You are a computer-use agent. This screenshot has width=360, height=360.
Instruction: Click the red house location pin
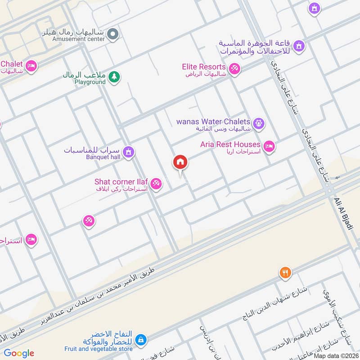point(180,162)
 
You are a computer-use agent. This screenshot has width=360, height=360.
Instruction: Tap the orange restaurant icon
point(284,272)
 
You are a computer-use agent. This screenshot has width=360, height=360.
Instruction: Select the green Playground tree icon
point(115,76)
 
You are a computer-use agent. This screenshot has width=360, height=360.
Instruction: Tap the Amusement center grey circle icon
point(114,33)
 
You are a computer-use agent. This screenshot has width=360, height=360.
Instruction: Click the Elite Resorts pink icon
point(234,69)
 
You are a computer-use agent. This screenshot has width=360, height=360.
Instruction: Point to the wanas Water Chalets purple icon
point(258,122)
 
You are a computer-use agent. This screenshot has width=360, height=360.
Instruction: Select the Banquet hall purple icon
point(129,152)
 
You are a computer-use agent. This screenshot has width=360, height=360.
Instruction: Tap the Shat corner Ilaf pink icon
point(156,184)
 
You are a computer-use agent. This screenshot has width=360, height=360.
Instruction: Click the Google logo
point(18,353)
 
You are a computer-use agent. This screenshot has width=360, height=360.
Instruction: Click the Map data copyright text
point(336,355)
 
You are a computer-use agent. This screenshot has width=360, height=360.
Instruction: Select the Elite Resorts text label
point(204,67)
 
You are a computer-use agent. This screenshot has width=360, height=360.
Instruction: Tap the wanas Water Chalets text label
point(213,121)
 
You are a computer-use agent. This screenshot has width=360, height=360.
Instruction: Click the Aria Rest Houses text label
point(230,144)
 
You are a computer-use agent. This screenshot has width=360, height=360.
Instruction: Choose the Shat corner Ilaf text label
point(121,181)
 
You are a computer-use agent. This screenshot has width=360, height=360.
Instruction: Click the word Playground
point(90,82)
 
